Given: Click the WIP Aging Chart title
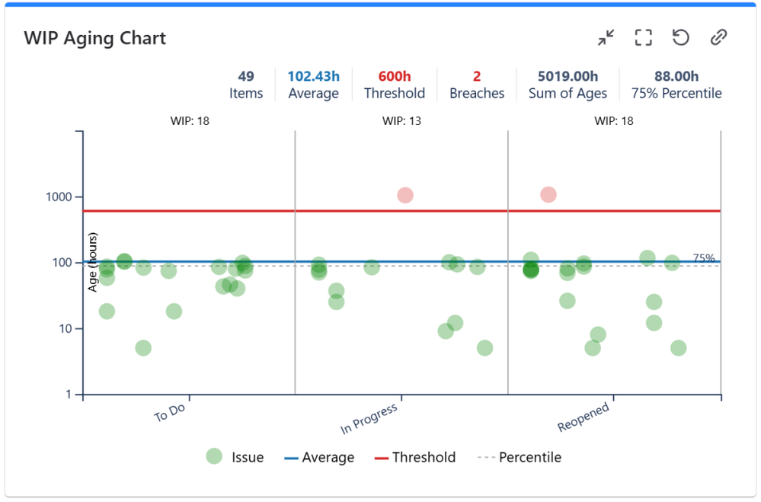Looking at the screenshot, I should coord(95,38).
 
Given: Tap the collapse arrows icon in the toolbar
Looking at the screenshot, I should coord(606,37).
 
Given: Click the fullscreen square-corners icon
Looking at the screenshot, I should coord(644,37).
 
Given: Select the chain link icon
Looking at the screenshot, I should coord(718,37).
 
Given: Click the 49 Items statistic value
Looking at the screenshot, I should coord(246,76).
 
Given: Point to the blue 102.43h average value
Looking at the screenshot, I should coord(313,76).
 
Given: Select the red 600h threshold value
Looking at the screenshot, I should coord(395,76).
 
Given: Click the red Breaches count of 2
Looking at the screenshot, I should coord(477,76).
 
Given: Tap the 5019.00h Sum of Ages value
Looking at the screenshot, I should coord(568,76).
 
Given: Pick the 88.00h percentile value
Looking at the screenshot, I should coord(676,76).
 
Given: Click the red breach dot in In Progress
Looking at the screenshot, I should coord(405,195).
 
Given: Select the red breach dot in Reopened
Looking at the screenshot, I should coord(548,195).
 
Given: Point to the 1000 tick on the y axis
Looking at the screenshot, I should coord(57,197).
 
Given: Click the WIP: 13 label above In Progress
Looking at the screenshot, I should coord(401,121).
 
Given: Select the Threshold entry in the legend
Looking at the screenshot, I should coord(415,458).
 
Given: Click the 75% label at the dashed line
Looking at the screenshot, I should coord(704,258).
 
